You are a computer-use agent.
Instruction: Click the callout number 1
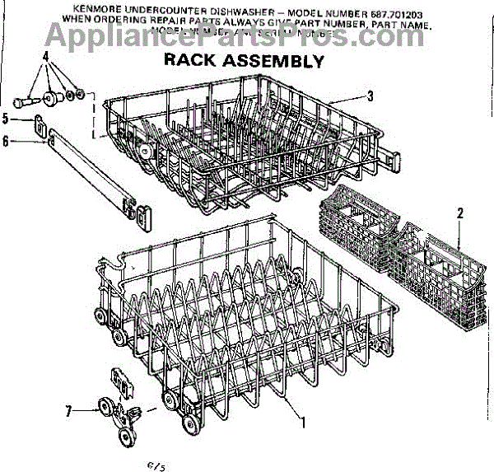coord(304,423)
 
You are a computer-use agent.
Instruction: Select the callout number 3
coord(370,96)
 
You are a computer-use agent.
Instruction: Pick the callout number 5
coord(6,119)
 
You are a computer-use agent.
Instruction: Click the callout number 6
coord(6,141)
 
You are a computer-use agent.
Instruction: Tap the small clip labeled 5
coord(38,124)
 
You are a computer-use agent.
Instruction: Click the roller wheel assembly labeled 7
coord(115,412)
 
